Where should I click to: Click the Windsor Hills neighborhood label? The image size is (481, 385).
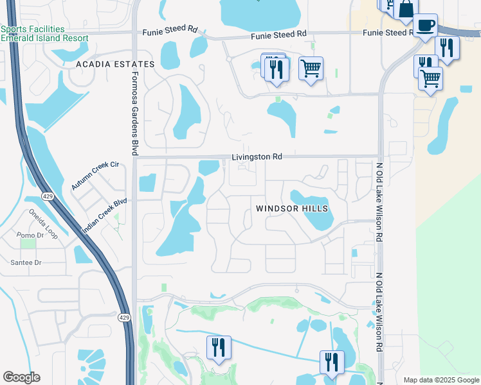292,209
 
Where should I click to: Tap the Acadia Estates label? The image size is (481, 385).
115,64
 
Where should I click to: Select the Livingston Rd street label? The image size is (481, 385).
257,157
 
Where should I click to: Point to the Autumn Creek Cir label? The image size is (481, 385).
96,175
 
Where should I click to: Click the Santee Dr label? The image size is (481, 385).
26,262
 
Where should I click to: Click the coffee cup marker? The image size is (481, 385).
425,26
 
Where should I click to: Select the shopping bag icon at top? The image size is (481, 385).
406,10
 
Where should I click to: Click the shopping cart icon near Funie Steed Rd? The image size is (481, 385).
311,68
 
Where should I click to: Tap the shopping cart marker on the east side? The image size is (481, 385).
430,78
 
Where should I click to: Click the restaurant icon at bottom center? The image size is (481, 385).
219,347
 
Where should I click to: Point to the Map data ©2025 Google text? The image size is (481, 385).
440,380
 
